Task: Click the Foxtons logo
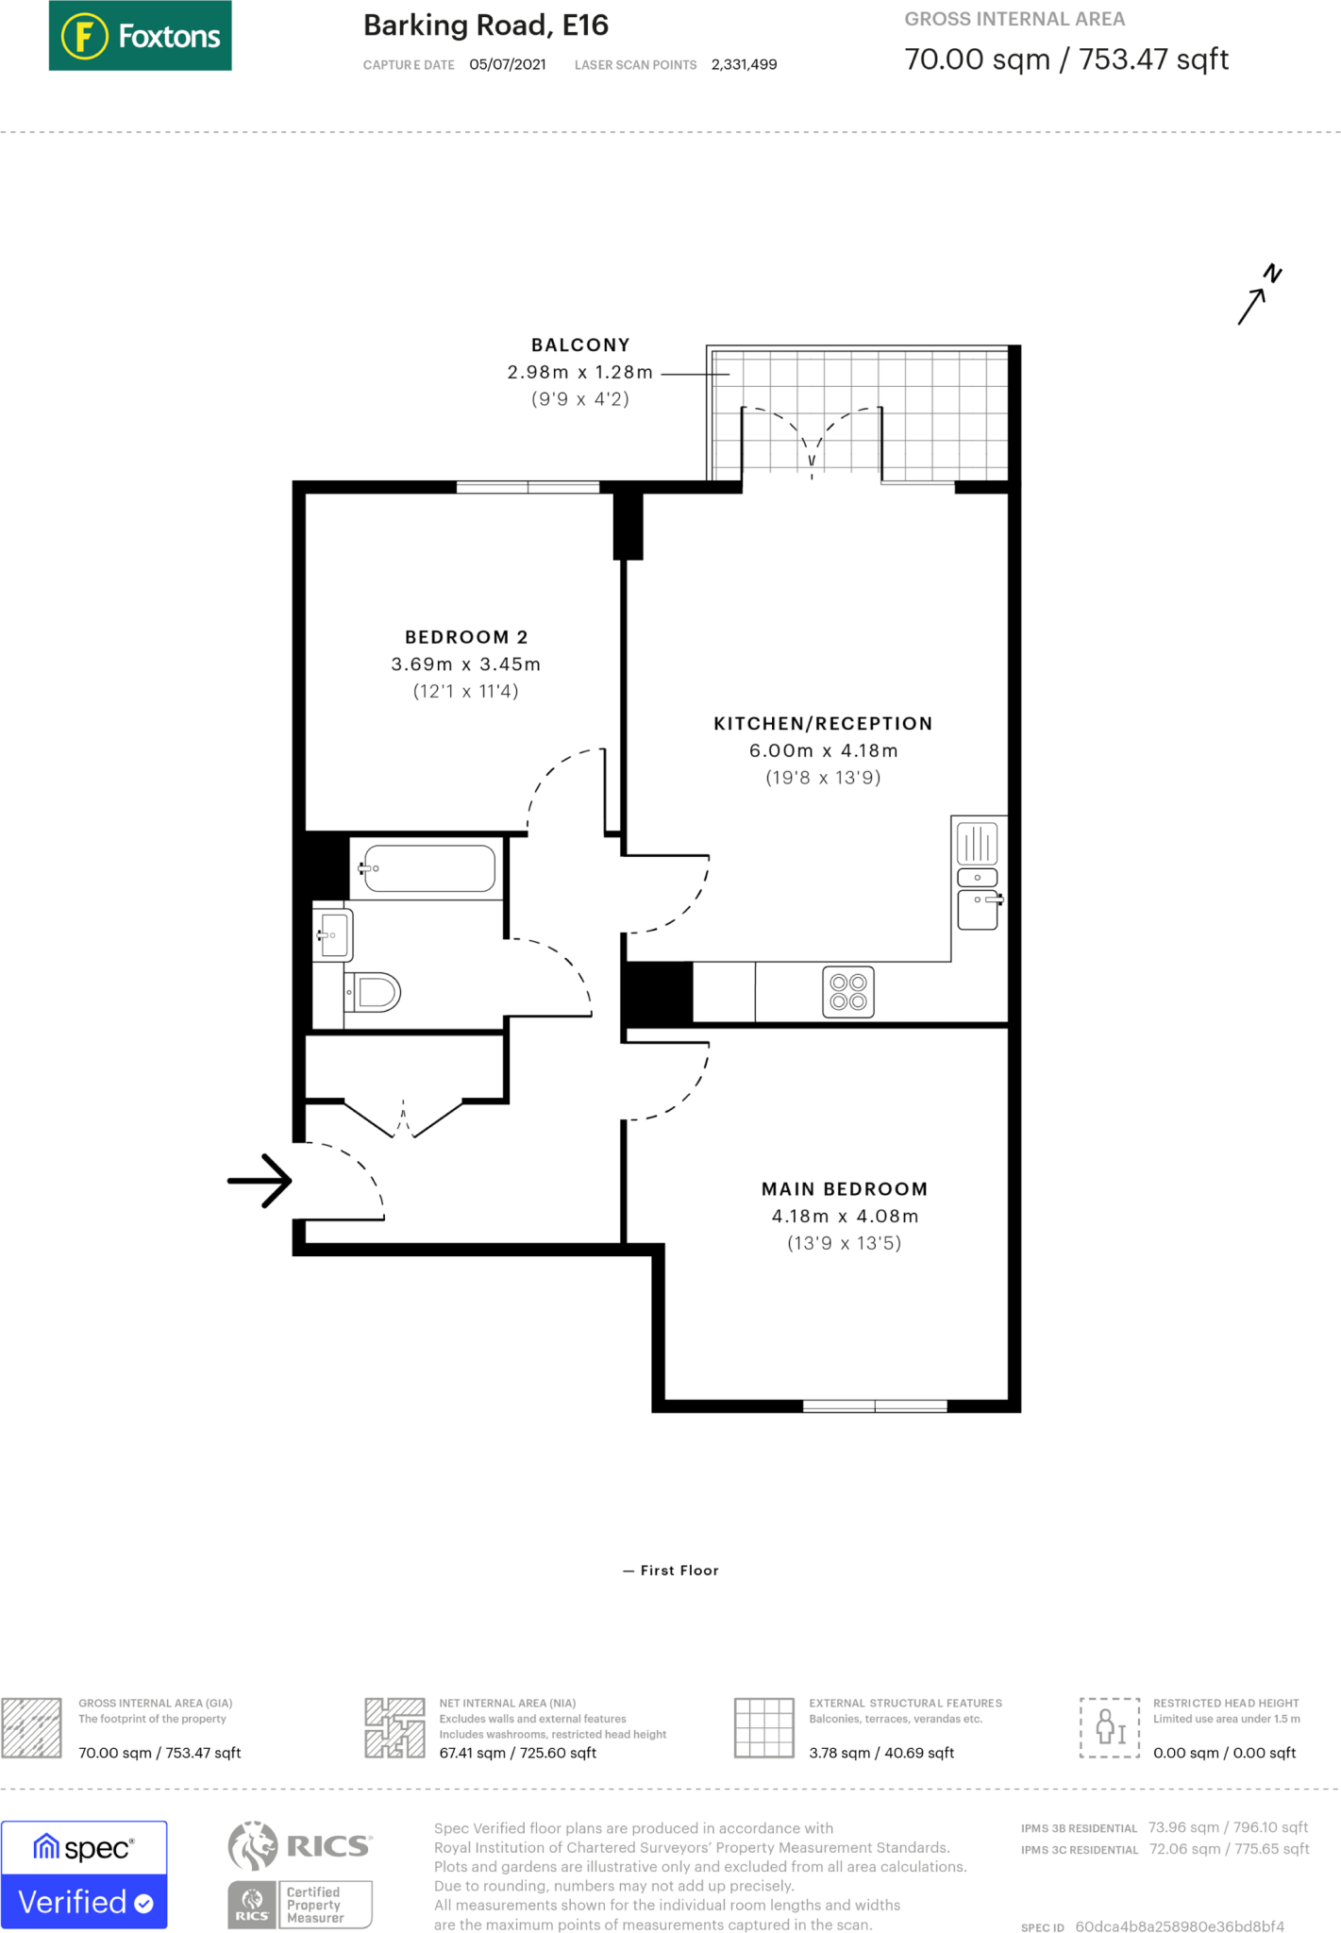pos(140,36)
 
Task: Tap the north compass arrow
pos(1259,296)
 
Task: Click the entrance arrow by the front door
pos(260,1181)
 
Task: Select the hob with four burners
pos(847,992)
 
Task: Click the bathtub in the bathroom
pos(428,868)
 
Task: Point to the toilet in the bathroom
pos(375,992)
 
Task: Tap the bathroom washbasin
pos(334,934)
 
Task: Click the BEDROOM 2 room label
pos(465,637)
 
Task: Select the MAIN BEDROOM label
pos(844,1189)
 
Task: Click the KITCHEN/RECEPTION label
pos(822,724)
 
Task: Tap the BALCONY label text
pos(579,345)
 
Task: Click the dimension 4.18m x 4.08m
pos(844,1217)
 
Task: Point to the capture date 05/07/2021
pos(507,65)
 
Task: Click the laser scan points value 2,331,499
pos(744,65)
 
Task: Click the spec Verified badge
pos(84,1874)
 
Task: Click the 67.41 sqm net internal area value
pos(517,1753)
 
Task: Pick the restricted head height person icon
pos(1109,1727)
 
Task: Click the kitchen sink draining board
pos(977,844)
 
